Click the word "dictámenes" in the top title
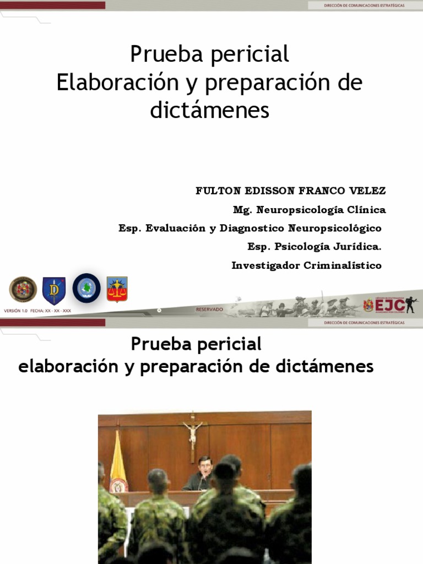point(210,110)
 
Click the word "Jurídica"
point(356,247)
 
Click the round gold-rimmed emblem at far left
point(23,290)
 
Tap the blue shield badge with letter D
point(54,290)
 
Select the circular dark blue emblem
point(86,288)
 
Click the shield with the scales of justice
point(117,289)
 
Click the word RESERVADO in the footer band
point(210,310)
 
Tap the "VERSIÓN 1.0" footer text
point(15,311)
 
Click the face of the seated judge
point(205,466)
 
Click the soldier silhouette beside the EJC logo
point(411,305)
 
